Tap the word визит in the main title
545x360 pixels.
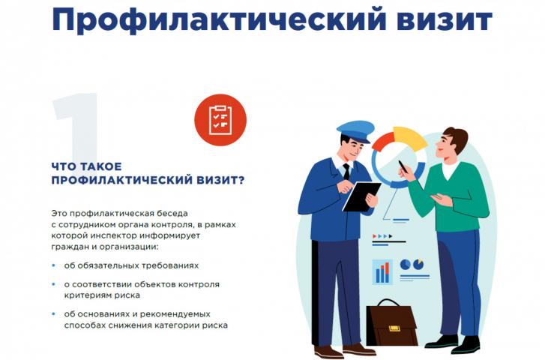tap(445, 19)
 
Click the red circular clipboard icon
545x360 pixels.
tap(220, 120)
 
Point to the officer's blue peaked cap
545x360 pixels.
tap(355, 131)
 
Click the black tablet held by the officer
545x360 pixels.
tap(361, 196)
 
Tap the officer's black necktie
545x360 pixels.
tap(346, 171)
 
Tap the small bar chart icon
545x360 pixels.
tap(382, 272)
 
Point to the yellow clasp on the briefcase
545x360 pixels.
tap(394, 328)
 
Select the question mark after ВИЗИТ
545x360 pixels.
tap(241, 180)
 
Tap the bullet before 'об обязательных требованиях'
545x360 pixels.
tap(53, 265)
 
